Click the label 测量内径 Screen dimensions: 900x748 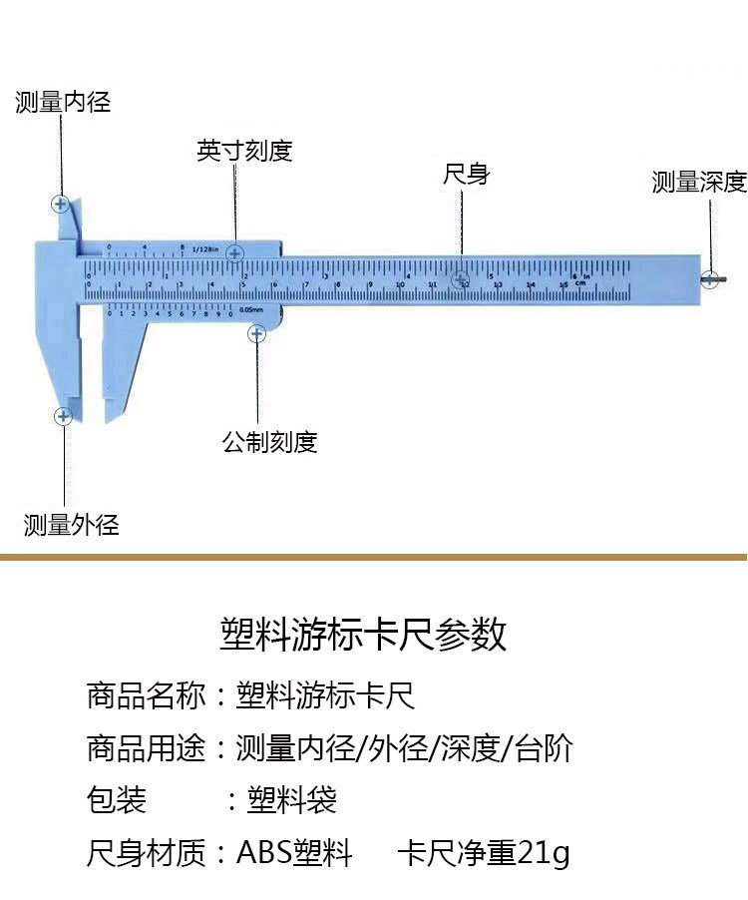click(x=63, y=102)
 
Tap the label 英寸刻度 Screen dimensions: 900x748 click(x=244, y=152)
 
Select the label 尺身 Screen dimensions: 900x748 click(x=466, y=175)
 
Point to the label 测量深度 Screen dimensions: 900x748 click(x=699, y=182)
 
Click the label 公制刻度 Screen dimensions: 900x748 click(x=269, y=441)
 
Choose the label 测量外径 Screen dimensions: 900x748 click(x=72, y=525)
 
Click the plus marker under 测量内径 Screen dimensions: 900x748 click(x=61, y=205)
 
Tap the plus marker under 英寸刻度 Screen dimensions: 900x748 click(x=235, y=253)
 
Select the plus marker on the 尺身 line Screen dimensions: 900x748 click(x=461, y=280)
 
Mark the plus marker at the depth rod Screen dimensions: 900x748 click(x=709, y=279)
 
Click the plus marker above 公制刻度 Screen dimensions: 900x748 click(x=256, y=333)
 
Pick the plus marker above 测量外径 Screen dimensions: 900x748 click(x=63, y=416)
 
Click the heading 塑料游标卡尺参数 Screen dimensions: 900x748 click(x=363, y=635)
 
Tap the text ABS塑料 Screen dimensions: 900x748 click(x=294, y=854)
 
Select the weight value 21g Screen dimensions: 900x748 click(x=544, y=854)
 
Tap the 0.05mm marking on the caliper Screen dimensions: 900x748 click(x=250, y=311)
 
